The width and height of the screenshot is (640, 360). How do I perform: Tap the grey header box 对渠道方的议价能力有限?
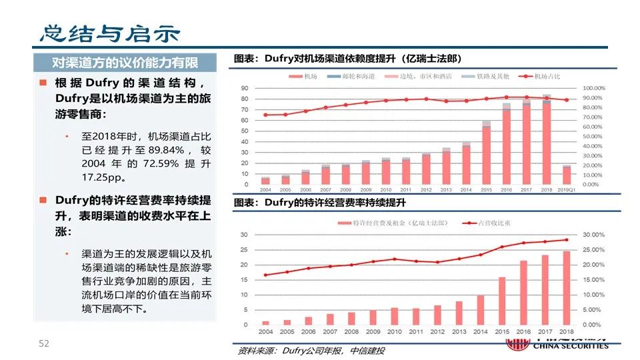point(125,63)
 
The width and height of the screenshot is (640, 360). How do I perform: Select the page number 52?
point(44,343)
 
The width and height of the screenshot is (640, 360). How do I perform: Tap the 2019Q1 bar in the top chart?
point(567,175)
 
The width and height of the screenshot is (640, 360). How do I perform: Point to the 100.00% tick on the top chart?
point(594,88)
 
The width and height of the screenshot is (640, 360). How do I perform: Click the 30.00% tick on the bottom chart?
point(594,235)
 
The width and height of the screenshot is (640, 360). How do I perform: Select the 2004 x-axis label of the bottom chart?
point(266,332)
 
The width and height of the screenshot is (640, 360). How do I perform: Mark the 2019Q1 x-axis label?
point(567,190)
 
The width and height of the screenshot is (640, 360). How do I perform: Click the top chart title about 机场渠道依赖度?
point(347,59)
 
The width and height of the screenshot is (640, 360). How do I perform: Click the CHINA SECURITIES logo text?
point(573,346)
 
